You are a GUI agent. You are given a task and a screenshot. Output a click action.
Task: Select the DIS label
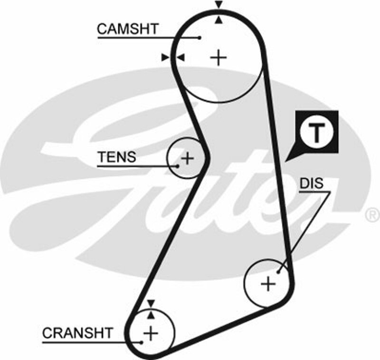click(x=311, y=183)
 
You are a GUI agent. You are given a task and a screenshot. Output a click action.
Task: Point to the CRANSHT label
click(x=78, y=332)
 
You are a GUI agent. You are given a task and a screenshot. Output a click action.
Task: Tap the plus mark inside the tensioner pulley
click(x=188, y=158)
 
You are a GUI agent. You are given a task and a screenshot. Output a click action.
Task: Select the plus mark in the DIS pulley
click(x=268, y=284)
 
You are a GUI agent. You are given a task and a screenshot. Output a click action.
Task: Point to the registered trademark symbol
click(x=370, y=215)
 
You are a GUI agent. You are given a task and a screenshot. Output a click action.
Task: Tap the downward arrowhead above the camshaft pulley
click(x=218, y=5)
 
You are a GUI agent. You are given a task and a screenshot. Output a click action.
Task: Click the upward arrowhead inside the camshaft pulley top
click(x=218, y=20)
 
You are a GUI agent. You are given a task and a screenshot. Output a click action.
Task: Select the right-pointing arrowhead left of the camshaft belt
click(x=165, y=58)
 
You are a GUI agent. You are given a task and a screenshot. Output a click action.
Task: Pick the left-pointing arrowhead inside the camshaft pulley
click(x=180, y=58)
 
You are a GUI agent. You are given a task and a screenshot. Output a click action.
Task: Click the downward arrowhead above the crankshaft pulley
click(x=151, y=303)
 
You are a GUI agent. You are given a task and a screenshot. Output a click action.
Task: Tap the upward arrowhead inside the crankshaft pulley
click(x=151, y=314)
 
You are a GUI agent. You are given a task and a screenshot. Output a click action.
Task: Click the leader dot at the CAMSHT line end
click(x=200, y=37)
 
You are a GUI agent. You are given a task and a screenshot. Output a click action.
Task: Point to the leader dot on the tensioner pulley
click(x=178, y=165)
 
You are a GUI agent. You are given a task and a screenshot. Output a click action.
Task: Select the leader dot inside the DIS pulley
click(x=279, y=272)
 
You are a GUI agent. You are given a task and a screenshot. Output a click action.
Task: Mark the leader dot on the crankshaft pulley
click(x=142, y=341)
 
